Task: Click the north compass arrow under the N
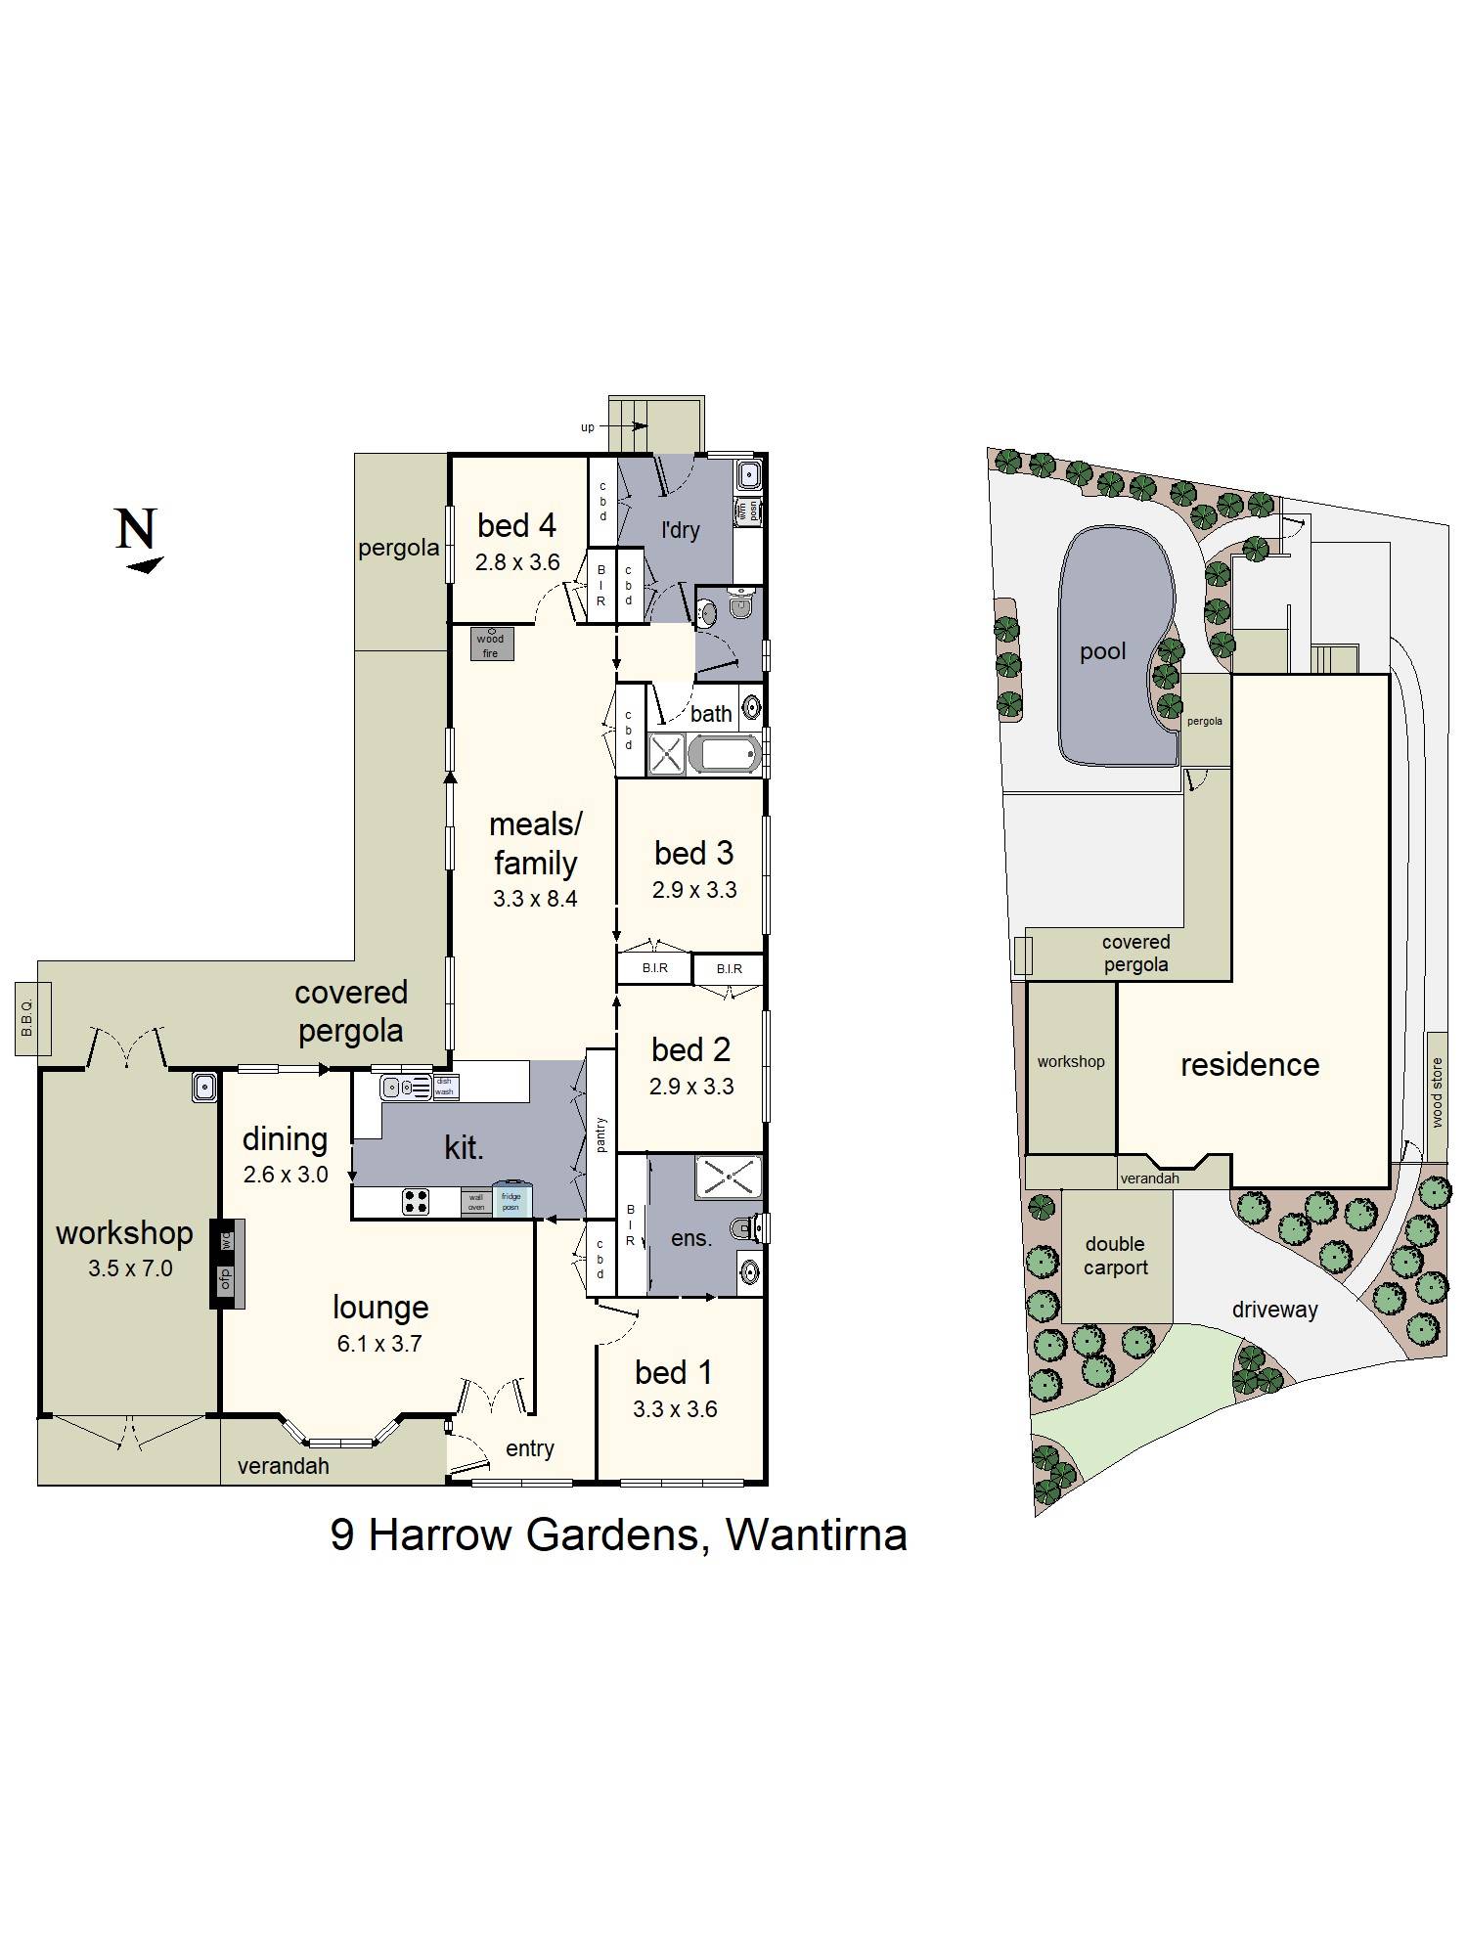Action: pos(145,564)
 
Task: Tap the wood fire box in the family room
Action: pos(491,645)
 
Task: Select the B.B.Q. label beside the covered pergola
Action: pos(27,1018)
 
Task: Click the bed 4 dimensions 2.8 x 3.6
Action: pos(517,562)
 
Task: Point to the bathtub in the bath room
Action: pos(725,755)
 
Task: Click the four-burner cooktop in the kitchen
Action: pos(416,1201)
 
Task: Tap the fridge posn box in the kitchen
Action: pos(511,1201)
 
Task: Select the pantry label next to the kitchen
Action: pos(600,1134)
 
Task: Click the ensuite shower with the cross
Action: pos(728,1178)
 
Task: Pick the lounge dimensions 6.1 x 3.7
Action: pos(379,1344)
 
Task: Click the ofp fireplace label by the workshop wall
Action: pos(226,1277)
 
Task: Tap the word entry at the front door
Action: pos(529,1448)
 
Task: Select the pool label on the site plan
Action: pos(1102,651)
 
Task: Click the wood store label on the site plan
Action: pos(1436,1092)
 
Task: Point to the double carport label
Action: pos(1115,1256)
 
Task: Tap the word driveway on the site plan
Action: pos(1274,1310)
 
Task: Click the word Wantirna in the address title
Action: pos(816,1534)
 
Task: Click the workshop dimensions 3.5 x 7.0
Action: pos(130,1268)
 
